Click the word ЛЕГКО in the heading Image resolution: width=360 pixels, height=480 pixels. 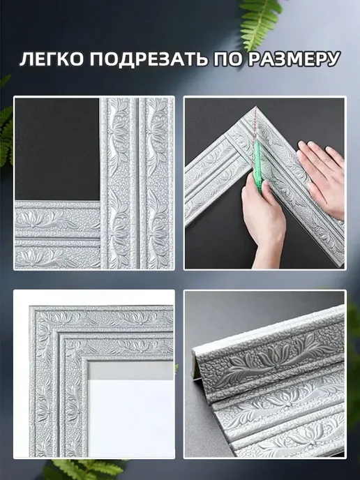[x=52, y=59]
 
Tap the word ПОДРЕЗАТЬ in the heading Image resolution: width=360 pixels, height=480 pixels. [x=148, y=59]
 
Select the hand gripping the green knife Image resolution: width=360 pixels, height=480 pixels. [x=264, y=220]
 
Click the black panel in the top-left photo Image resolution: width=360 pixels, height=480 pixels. [x=57, y=149]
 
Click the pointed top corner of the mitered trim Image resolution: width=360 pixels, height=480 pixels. [x=256, y=107]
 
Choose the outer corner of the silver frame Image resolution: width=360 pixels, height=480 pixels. [x=31, y=307]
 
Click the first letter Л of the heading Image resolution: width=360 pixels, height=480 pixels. [x=27, y=59]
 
